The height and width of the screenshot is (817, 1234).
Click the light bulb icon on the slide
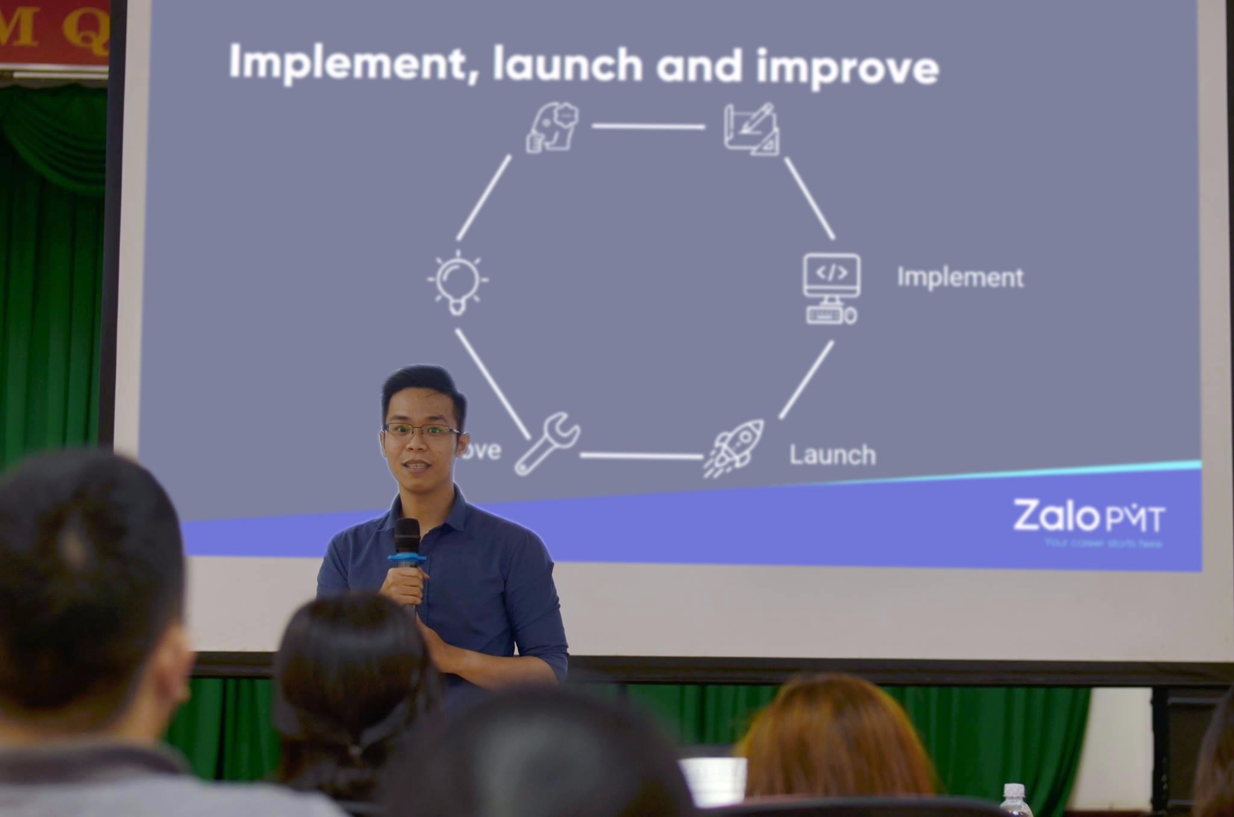click(x=457, y=281)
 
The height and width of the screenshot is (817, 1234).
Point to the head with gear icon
click(x=553, y=127)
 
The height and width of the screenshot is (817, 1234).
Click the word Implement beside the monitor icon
click(x=960, y=278)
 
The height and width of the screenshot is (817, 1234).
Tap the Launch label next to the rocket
click(x=832, y=455)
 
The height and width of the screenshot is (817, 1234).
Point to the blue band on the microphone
click(x=407, y=560)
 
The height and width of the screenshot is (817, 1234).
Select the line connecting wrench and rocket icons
click(x=641, y=455)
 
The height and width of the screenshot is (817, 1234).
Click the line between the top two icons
click(x=648, y=127)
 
